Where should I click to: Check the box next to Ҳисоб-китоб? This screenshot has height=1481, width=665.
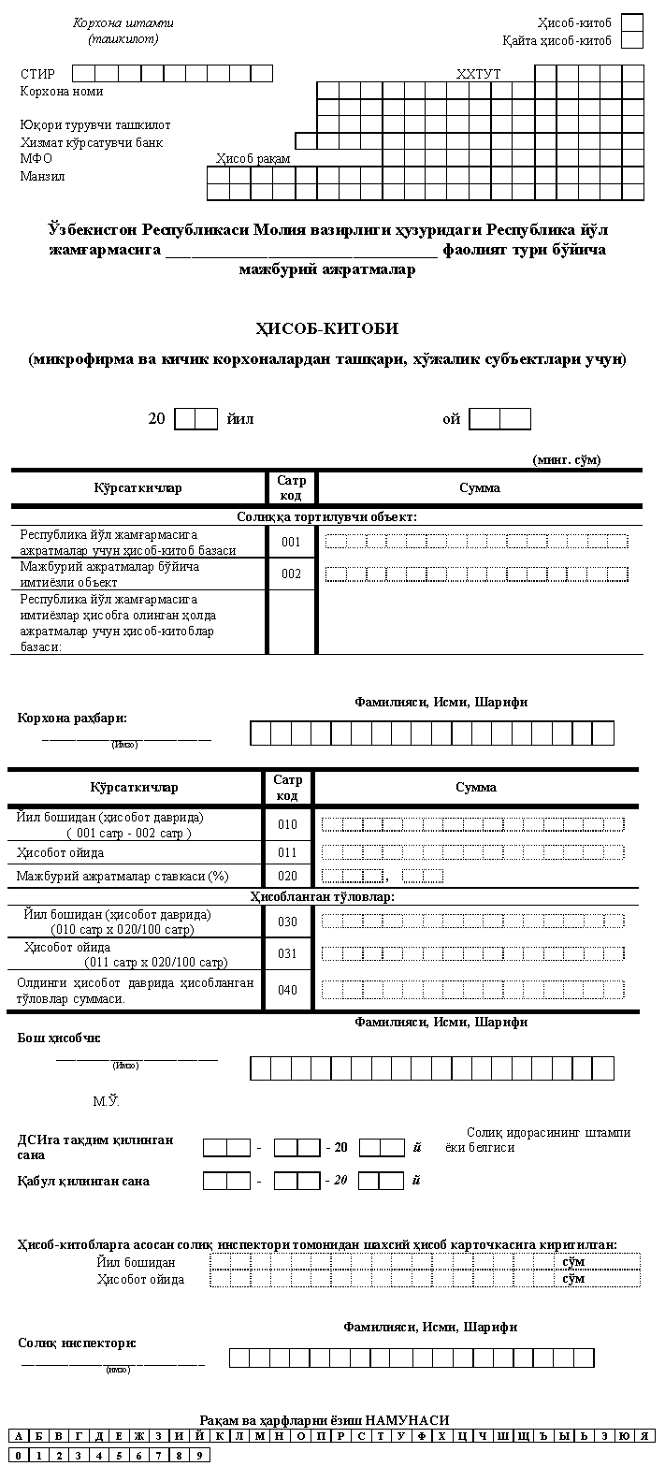tap(632, 22)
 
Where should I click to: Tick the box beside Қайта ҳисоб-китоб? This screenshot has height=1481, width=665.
tap(632, 40)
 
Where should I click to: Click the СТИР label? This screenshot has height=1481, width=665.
tap(37, 74)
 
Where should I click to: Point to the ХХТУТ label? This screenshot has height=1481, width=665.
tap(479, 74)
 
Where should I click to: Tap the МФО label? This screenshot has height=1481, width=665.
tap(36, 158)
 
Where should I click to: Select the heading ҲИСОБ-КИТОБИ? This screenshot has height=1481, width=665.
tap(326, 328)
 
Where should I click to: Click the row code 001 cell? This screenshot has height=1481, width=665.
tap(292, 542)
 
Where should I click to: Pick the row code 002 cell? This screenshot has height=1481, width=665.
tap(292, 574)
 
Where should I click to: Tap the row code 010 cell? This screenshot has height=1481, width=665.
tap(287, 824)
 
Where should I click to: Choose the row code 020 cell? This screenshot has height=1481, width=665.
tap(287, 876)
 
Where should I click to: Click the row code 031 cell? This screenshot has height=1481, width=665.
tap(287, 953)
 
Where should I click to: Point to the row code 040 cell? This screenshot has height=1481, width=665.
tap(287, 990)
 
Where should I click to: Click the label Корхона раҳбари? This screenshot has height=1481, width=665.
tap(72, 718)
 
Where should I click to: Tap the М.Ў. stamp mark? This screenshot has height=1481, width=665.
tap(106, 1101)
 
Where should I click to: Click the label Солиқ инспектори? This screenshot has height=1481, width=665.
tap(77, 1343)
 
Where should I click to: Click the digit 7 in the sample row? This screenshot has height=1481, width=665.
tap(159, 1455)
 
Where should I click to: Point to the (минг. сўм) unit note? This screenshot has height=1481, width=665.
tap(567, 459)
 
